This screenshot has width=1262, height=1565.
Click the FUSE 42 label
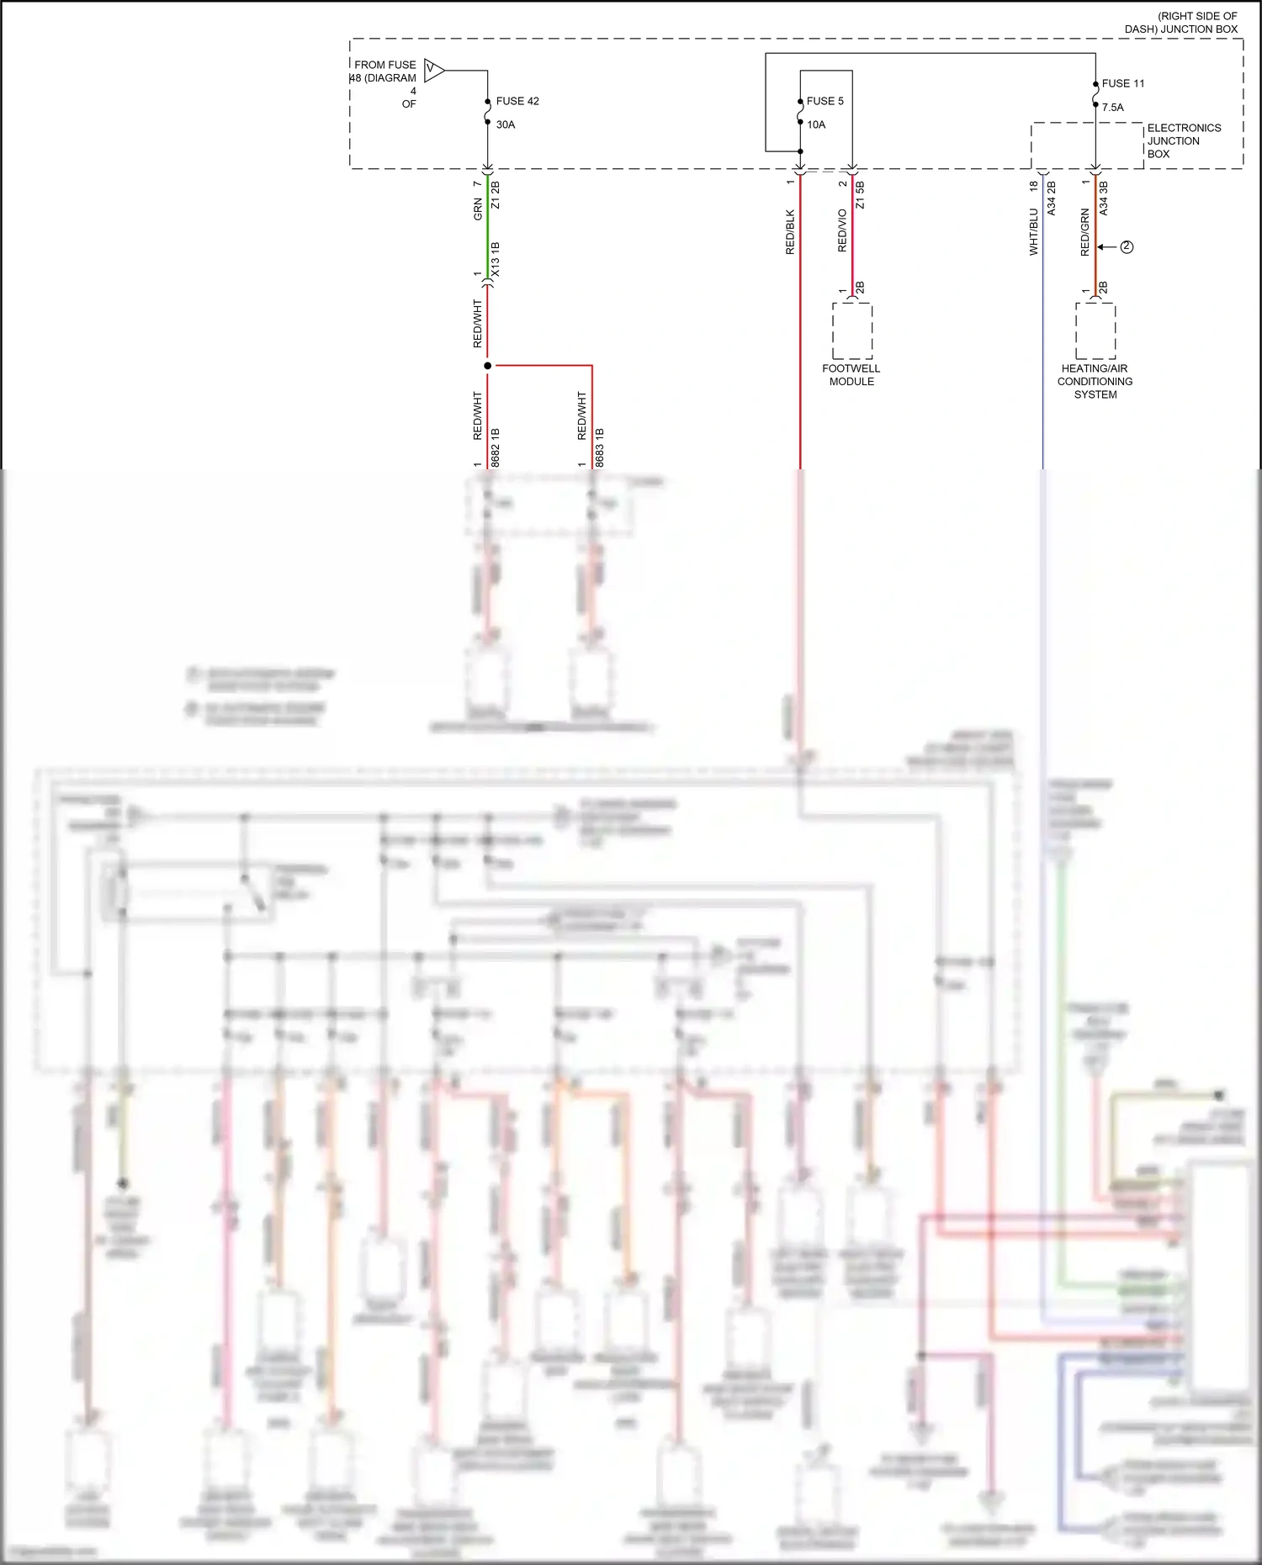[x=517, y=101]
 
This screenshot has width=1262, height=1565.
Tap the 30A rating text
[x=506, y=124]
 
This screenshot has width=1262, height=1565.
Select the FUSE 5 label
[x=825, y=101]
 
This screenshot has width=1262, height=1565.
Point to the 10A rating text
[x=816, y=124]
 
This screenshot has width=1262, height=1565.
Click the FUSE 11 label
[x=1123, y=83]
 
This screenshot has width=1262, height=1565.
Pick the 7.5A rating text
[x=1113, y=107]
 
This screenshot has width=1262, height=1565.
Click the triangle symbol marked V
[x=433, y=70]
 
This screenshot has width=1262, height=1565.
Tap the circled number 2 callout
[x=1127, y=247]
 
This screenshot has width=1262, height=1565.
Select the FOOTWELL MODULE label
[x=851, y=375]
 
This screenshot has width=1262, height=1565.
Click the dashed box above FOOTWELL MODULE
[x=852, y=330]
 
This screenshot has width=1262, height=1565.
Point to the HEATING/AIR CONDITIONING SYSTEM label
[x=1095, y=381]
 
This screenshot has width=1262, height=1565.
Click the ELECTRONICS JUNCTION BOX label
[x=1184, y=140]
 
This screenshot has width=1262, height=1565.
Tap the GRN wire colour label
[x=478, y=209]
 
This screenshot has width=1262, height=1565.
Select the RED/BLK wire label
[x=790, y=232]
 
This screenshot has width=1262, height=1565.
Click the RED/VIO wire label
[x=842, y=230]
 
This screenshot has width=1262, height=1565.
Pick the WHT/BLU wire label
[x=1034, y=232]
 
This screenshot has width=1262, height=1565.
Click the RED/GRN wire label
[x=1085, y=232]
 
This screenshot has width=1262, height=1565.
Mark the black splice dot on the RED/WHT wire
[x=487, y=366]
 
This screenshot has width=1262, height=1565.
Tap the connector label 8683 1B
[x=600, y=447]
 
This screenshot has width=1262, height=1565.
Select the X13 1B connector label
[x=496, y=260]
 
